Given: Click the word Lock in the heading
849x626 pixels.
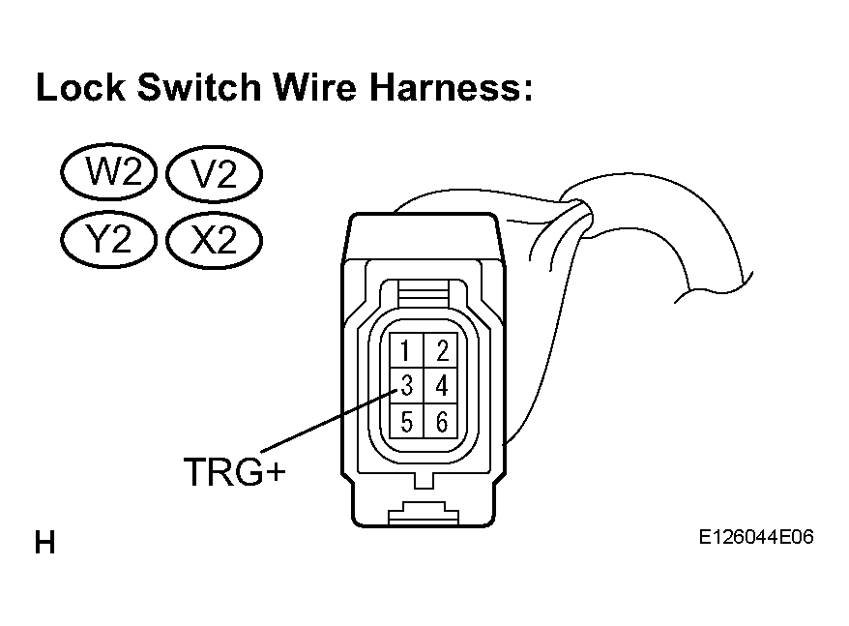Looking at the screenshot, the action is pos(80,87).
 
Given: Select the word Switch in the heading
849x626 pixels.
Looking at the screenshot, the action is pos(200,87).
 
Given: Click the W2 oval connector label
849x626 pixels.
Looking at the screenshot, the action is pos(109,172).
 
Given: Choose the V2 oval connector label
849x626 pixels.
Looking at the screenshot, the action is pos(214,173).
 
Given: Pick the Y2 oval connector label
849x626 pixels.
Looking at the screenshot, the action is pos(109,239).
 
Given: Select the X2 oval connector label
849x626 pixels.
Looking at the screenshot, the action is pos(214,240).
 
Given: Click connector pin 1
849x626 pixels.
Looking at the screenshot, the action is pos(406,350).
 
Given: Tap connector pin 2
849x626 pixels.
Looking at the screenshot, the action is pos(441,350).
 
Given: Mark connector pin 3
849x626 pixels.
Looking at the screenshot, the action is pos(406,385).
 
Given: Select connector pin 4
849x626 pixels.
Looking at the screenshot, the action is pos(441,385).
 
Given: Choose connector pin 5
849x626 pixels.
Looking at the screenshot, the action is pos(406,421).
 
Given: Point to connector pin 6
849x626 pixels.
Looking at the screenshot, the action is pos(441,421).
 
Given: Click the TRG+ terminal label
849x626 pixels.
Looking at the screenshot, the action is pos(234,471).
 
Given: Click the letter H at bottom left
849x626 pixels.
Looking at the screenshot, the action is pos(44,543).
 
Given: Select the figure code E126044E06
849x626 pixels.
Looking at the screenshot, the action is pos(756,537).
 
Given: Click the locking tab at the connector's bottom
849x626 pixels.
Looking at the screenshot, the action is pos(424,513).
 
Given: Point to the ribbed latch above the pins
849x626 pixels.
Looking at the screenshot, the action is pos(424,295).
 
